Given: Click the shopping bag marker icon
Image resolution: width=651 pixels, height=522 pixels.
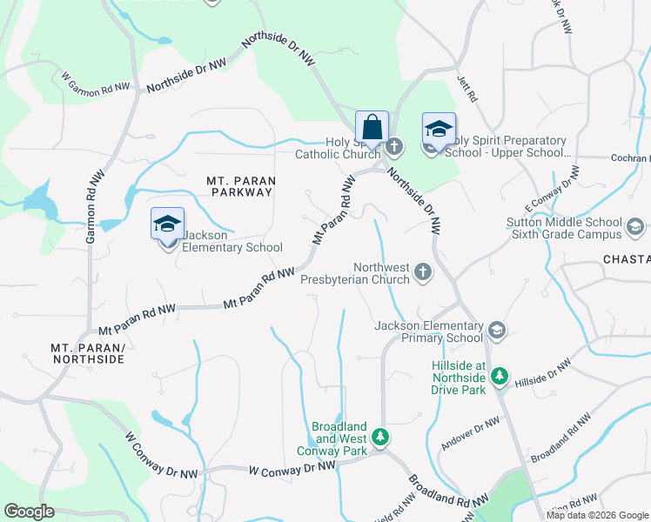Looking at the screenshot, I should coord(372,127).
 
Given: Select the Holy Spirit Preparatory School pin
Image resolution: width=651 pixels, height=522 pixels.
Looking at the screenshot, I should coord(439,130).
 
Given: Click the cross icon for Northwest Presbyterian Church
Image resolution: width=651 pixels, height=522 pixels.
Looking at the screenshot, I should coord(423,273).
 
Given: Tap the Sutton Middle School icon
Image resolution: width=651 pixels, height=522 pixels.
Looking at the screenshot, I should coord(634,230).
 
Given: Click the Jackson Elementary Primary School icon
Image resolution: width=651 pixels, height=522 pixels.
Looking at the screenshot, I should coord(496,331).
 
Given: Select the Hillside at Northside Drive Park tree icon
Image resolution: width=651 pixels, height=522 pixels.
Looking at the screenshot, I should coord(499,377).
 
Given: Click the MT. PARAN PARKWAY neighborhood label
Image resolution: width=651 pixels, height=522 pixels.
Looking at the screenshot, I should coord(241,187).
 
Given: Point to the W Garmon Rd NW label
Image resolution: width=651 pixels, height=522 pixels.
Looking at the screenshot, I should coord(95,83).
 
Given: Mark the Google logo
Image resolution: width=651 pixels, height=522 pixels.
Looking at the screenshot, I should coord(30,512).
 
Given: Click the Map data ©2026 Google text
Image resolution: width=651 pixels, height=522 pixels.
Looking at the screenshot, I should coord(597,515).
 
